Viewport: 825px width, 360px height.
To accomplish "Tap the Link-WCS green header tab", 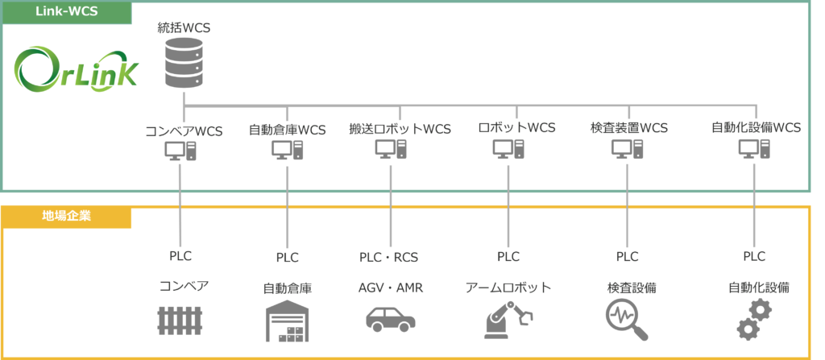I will [66, 12].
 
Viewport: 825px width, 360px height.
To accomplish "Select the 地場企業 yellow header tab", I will [66, 217].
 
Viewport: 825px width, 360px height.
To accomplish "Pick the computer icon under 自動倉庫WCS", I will [287, 150].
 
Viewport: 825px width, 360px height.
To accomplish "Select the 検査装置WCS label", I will [628, 128].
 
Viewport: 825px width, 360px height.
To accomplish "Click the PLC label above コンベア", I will [181, 256].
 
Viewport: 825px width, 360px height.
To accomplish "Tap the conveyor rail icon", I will [180, 321].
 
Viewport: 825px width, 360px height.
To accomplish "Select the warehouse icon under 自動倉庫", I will [287, 321].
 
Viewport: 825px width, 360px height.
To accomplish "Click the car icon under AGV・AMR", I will [391, 317].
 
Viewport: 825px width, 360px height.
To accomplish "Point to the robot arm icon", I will [508, 319].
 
